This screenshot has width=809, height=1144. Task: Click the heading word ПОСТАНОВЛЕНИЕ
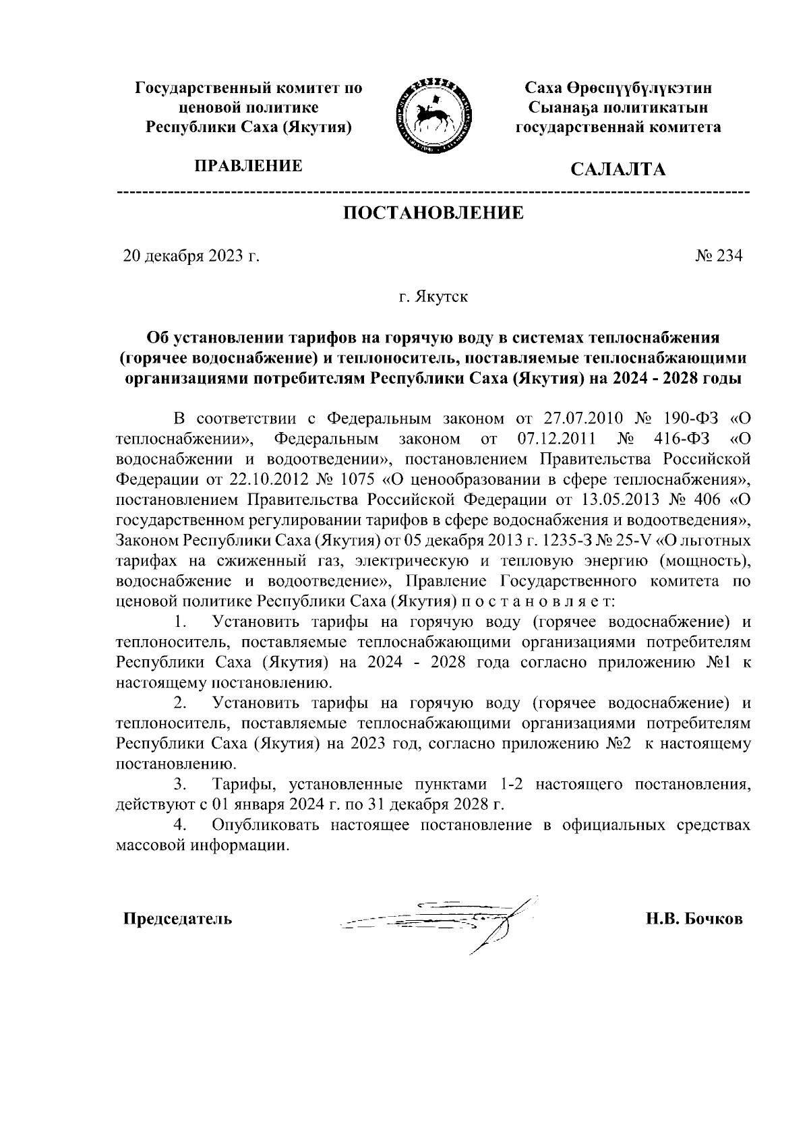coord(434,214)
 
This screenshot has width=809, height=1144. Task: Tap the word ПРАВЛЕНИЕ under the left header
coord(248,166)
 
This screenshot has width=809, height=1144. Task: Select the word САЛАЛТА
coord(618,169)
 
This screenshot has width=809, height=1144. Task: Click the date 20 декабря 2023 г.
coord(191,256)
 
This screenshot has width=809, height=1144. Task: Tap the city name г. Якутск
coord(433,297)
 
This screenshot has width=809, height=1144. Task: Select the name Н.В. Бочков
coord(694,919)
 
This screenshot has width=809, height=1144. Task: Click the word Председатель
coord(177,919)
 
